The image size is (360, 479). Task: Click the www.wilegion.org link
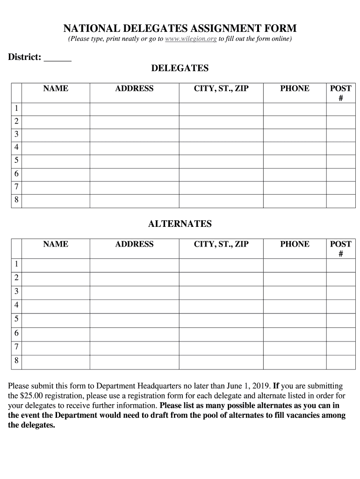point(191,39)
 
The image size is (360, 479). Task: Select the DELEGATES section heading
point(180,68)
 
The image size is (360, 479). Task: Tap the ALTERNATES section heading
point(180,224)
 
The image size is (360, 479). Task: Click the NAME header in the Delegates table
point(56,88)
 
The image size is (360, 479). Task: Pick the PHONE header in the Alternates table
point(295,244)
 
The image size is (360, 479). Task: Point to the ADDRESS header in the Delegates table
point(134,88)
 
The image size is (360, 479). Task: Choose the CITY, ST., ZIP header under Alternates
point(221,244)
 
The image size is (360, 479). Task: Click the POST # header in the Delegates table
point(340,93)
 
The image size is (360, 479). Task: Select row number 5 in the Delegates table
point(16,161)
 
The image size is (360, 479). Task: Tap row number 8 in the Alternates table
point(16,361)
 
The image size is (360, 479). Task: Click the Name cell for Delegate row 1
point(56,109)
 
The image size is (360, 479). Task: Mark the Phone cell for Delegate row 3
point(295,135)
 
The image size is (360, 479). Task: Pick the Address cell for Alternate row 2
point(134,278)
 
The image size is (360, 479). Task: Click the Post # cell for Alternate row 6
point(340,334)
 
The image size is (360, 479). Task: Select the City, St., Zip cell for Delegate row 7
point(221,188)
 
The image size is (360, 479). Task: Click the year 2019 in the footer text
point(259,386)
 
